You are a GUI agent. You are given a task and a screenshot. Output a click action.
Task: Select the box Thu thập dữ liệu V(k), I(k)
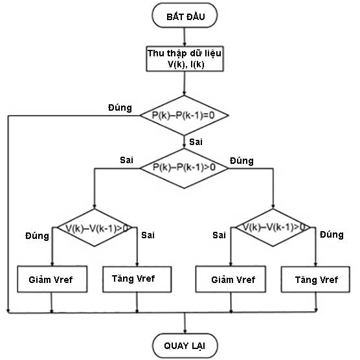point(185,59)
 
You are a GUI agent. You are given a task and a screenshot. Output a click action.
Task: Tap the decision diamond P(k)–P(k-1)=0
point(185,115)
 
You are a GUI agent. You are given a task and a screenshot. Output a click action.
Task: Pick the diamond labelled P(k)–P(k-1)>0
point(185,167)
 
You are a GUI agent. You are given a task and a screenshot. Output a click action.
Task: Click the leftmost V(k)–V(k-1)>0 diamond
point(95,228)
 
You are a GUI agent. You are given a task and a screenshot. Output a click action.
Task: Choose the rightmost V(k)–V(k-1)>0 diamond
point(274,227)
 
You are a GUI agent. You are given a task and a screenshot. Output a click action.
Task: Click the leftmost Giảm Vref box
point(51,280)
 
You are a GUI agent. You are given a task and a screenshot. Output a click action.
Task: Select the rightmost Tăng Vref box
point(315,280)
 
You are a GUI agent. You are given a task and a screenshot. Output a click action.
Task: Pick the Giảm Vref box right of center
point(234,280)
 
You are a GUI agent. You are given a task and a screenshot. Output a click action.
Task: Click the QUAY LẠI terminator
point(185,343)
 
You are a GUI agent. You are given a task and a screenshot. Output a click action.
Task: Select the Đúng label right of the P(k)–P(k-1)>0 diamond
point(242,161)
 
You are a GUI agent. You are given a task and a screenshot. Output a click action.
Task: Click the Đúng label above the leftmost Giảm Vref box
point(37,236)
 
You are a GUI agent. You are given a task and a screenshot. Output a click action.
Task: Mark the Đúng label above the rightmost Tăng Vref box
point(331,234)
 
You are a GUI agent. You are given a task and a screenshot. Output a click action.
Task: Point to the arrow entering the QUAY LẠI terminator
point(185,324)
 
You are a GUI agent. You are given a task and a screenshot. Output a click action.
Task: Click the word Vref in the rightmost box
point(327,280)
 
